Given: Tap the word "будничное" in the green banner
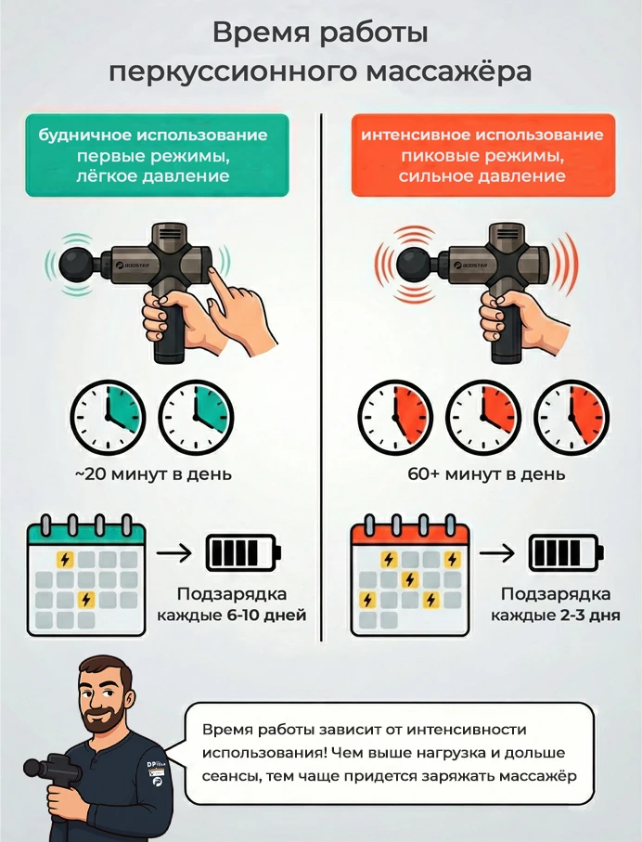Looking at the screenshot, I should (x=87, y=136).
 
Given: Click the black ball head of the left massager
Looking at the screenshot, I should (x=77, y=265).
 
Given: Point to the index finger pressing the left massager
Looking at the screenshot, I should (x=220, y=276).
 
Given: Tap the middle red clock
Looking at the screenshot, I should (x=481, y=415).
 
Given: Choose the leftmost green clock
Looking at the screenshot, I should (x=107, y=415).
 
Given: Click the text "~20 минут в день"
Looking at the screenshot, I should (x=152, y=474).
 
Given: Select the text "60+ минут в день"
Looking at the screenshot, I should (x=485, y=474).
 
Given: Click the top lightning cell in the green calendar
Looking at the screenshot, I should (x=65, y=560).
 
